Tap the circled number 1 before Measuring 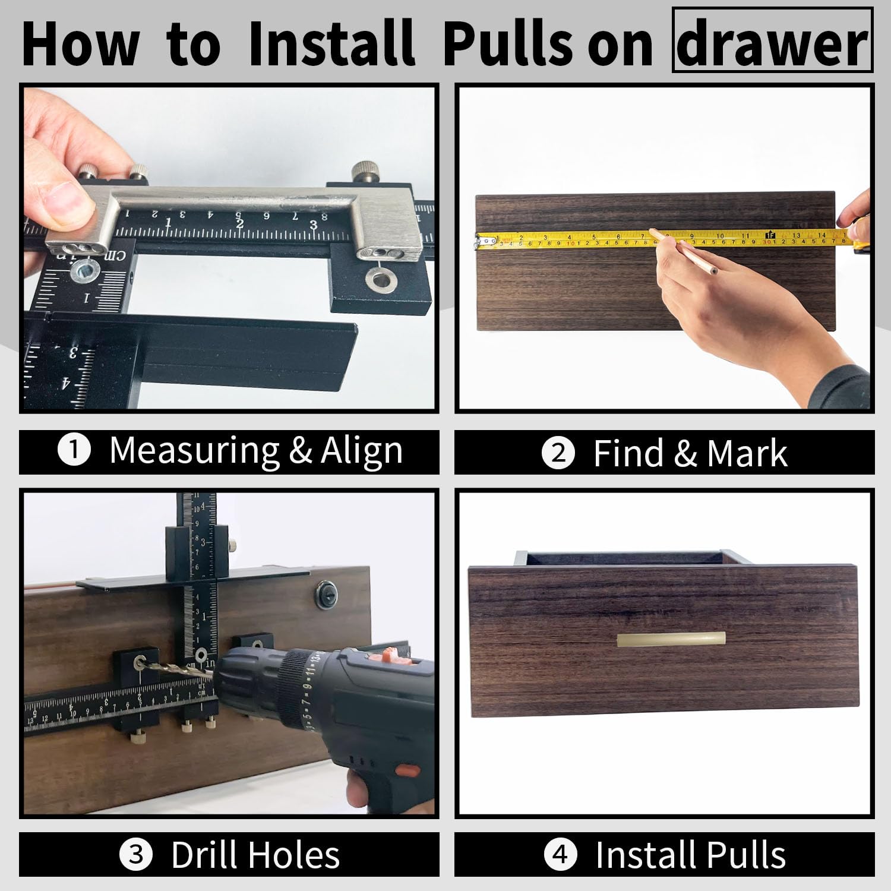(74, 451)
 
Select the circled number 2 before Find (558, 453)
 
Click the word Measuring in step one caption (194, 451)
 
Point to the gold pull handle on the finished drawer (671, 639)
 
